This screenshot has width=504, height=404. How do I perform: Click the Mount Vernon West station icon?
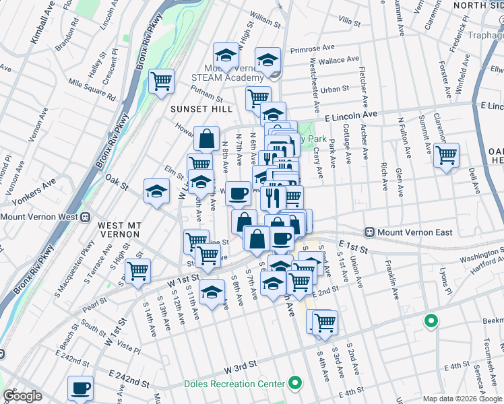(x=86, y=217)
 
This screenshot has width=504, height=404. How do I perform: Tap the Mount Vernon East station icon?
(x=369, y=232)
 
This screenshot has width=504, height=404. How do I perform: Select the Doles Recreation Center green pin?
(x=294, y=384)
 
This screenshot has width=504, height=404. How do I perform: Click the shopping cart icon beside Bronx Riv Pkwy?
(x=161, y=81)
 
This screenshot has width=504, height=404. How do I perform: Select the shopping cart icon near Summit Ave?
(x=447, y=155)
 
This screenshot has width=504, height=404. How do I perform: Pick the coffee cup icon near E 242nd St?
(x=81, y=388)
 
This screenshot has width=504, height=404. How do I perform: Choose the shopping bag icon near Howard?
(x=206, y=139)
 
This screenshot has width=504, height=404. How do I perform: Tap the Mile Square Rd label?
(x=92, y=86)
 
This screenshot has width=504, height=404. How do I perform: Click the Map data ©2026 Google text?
(x=462, y=399)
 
